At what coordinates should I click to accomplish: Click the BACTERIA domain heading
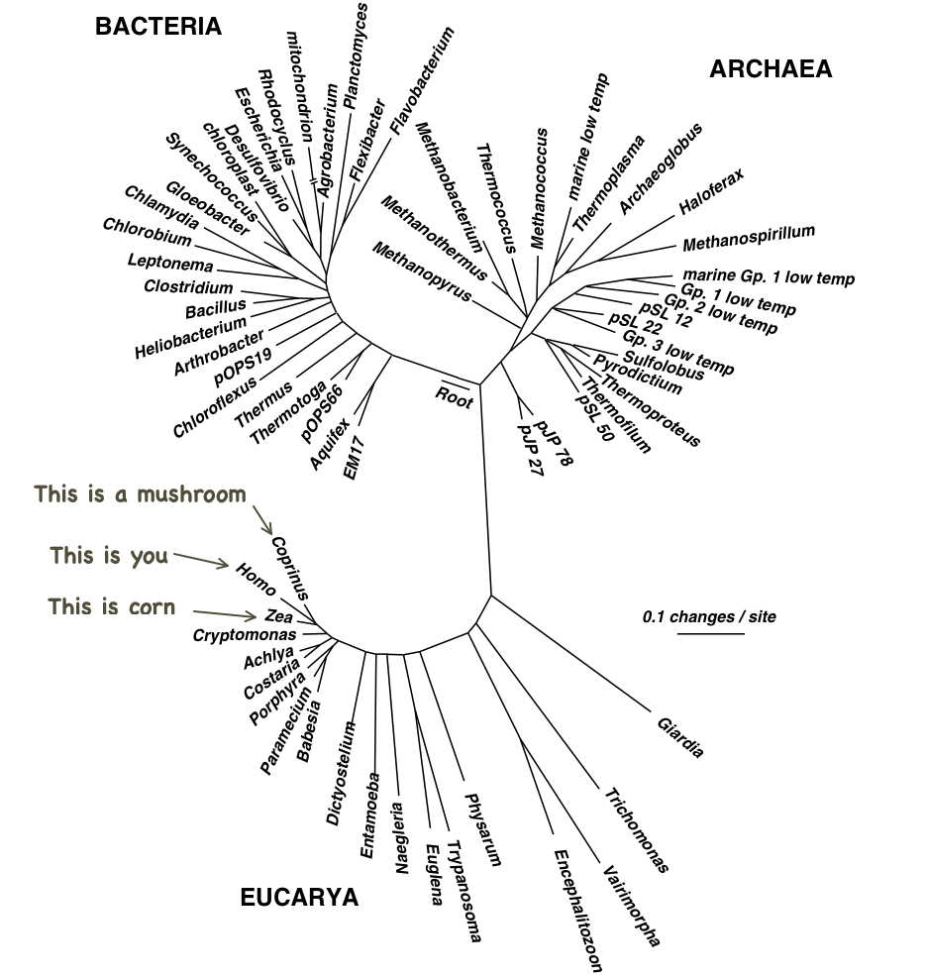coord(157,27)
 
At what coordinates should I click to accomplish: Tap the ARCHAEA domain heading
coord(771,68)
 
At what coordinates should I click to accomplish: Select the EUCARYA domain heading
coord(299,898)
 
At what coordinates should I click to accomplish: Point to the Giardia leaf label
coord(680,736)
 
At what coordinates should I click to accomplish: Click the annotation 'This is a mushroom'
coord(140,494)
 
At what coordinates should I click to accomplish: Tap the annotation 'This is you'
coord(109,556)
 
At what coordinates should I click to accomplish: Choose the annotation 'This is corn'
coord(111,606)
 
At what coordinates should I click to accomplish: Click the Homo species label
coord(256,579)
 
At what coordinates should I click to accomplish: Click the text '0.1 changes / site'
coord(709,616)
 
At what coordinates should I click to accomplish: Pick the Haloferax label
coord(711,191)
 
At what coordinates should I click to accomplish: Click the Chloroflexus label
coord(214,406)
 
